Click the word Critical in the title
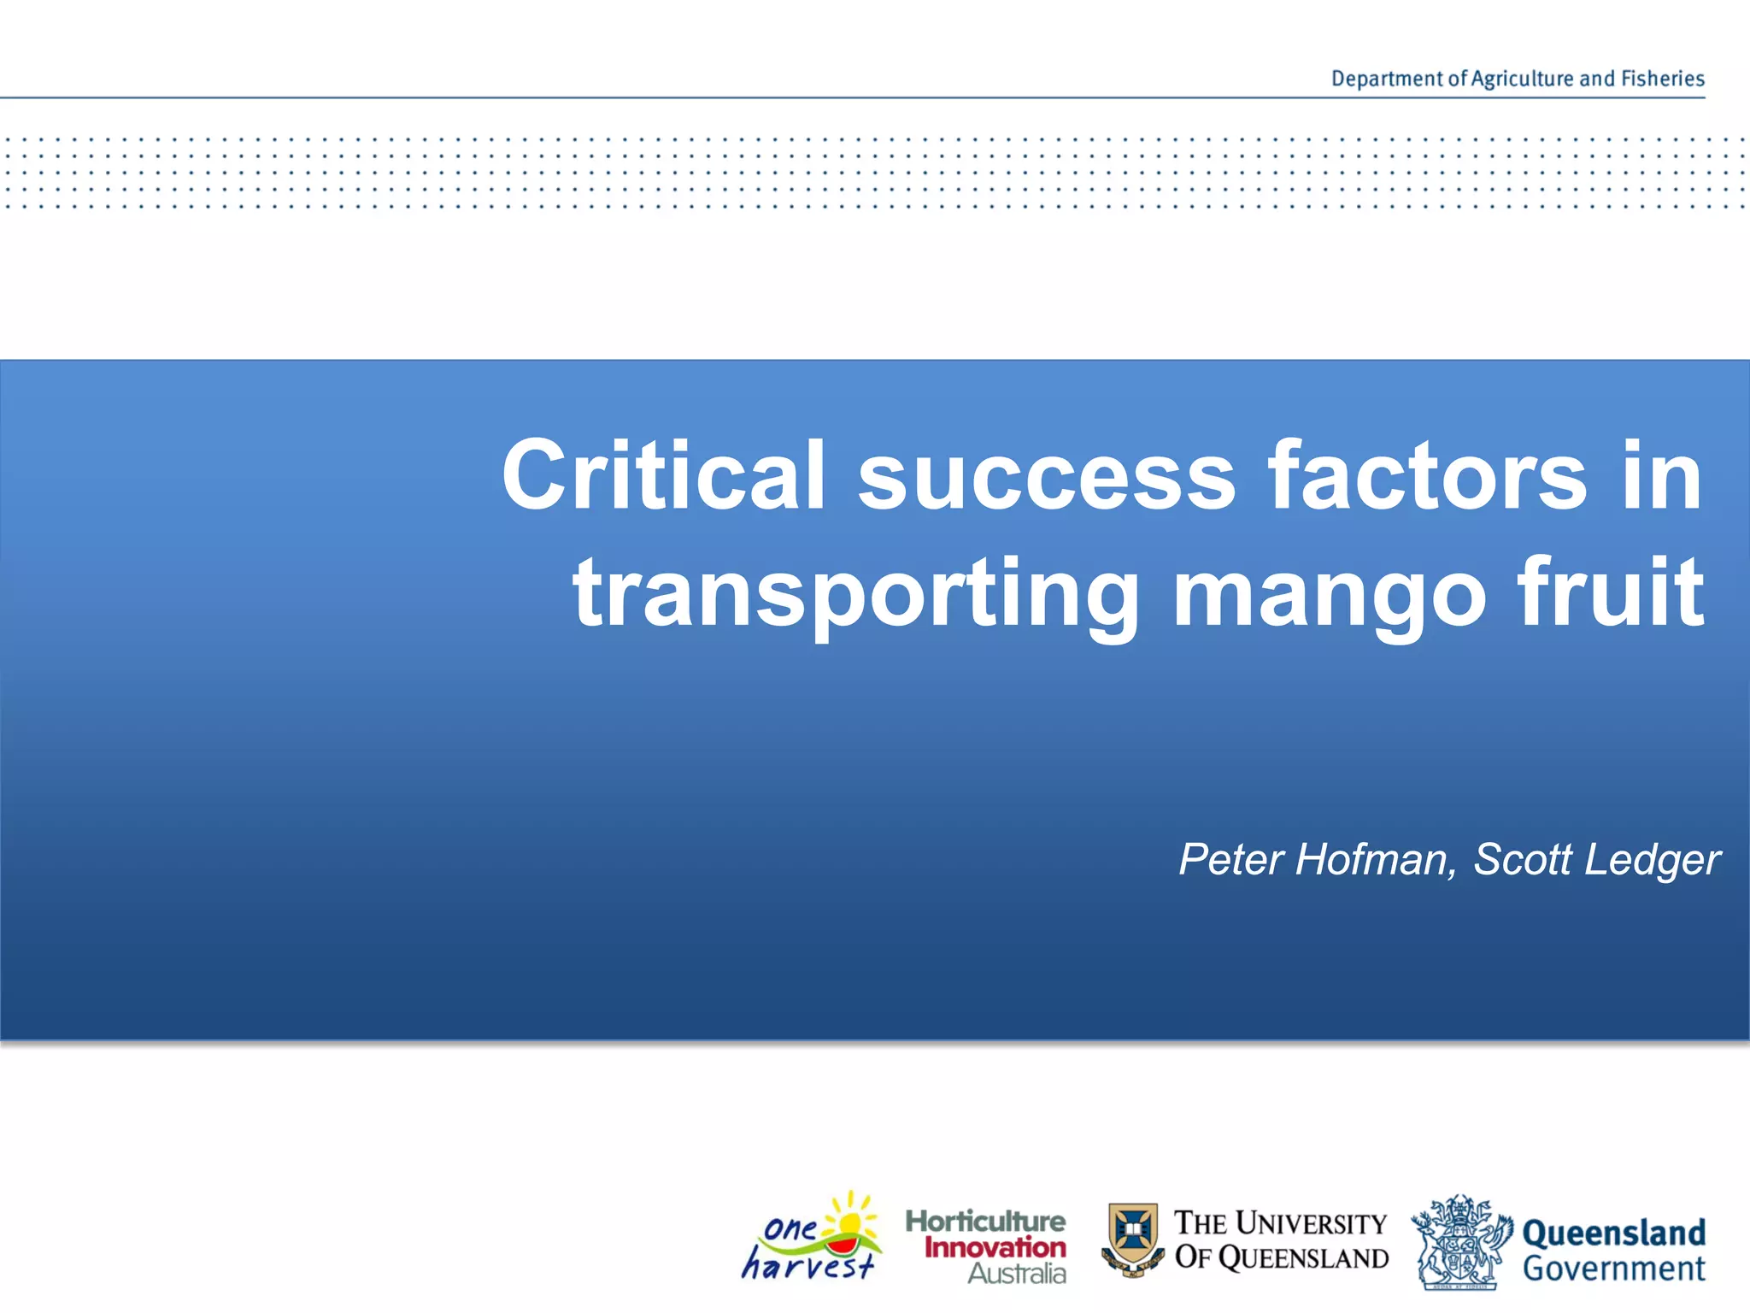[663, 475]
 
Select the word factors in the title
[1426, 475]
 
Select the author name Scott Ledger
[1596, 859]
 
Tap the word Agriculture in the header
[1522, 79]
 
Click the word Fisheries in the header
[1662, 79]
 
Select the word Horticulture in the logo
[985, 1221]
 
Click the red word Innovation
[995, 1247]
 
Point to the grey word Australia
[1017, 1274]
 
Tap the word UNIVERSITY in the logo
[1311, 1223]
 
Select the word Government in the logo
[1613, 1269]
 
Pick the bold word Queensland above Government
[1613, 1234]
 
